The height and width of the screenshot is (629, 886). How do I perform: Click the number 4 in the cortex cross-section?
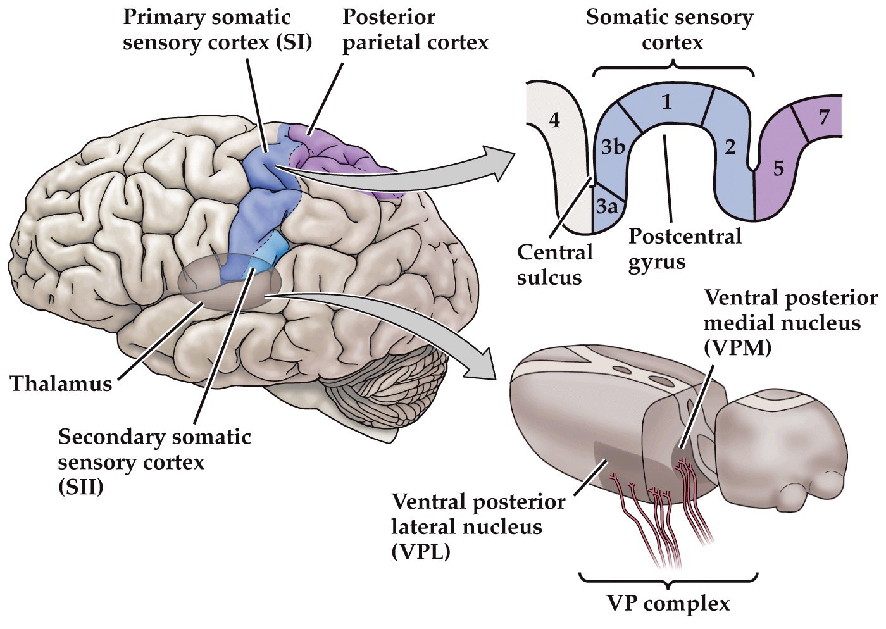[554, 120]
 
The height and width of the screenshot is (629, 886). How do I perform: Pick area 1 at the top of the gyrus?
[665, 103]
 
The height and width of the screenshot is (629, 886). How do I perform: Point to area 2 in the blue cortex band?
[730, 148]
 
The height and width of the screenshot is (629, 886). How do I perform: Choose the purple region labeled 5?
[778, 168]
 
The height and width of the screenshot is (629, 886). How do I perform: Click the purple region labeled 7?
[824, 118]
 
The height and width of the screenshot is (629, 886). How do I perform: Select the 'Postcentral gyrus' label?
[685, 249]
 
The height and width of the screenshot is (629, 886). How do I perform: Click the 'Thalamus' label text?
[61, 383]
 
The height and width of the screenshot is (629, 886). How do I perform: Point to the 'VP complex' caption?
[670, 603]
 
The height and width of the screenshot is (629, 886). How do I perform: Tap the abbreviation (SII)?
[80, 488]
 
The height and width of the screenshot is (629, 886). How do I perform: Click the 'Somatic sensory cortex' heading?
[670, 30]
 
